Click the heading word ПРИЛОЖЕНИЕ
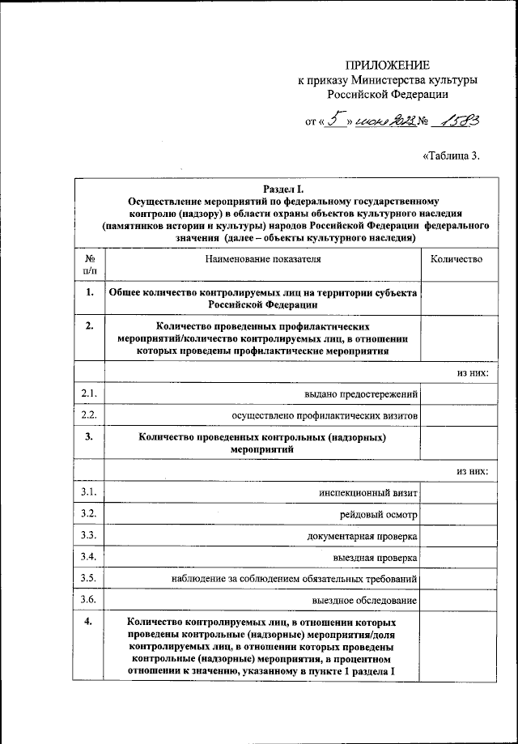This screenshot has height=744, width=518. click(x=388, y=65)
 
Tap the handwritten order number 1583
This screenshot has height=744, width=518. click(x=456, y=121)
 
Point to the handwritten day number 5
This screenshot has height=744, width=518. click(x=334, y=121)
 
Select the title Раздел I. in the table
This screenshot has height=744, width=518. click(x=283, y=188)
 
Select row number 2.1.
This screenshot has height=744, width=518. click(x=89, y=393)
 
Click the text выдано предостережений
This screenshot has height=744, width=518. click(x=361, y=394)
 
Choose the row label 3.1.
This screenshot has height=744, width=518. click(x=89, y=492)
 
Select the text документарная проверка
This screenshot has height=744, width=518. click(x=362, y=536)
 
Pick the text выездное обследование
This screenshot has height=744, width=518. click(x=364, y=600)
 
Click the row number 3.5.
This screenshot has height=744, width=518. click(x=89, y=578)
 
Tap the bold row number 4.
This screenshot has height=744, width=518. click(x=89, y=622)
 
